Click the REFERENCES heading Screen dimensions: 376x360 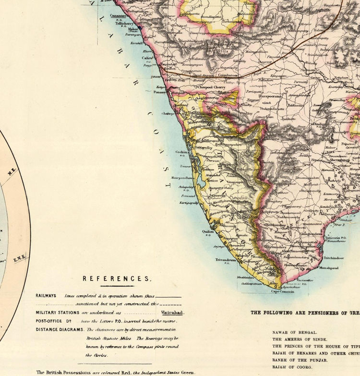[x=117, y=278]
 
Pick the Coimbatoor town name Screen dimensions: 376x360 [x=227, y=75]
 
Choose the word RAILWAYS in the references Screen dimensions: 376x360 [x=46, y=296]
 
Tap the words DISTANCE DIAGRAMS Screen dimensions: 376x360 [x=58, y=329]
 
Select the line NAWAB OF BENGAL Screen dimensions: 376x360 [x=295, y=332]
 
